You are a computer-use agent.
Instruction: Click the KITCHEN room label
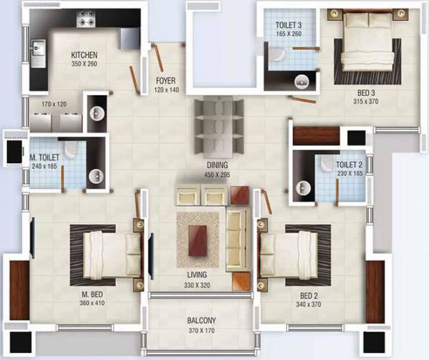tap(84, 55)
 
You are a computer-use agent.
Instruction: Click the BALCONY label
tap(202, 320)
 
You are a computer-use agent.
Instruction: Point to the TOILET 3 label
tap(288, 24)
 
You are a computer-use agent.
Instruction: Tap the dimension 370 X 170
tap(202, 330)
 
